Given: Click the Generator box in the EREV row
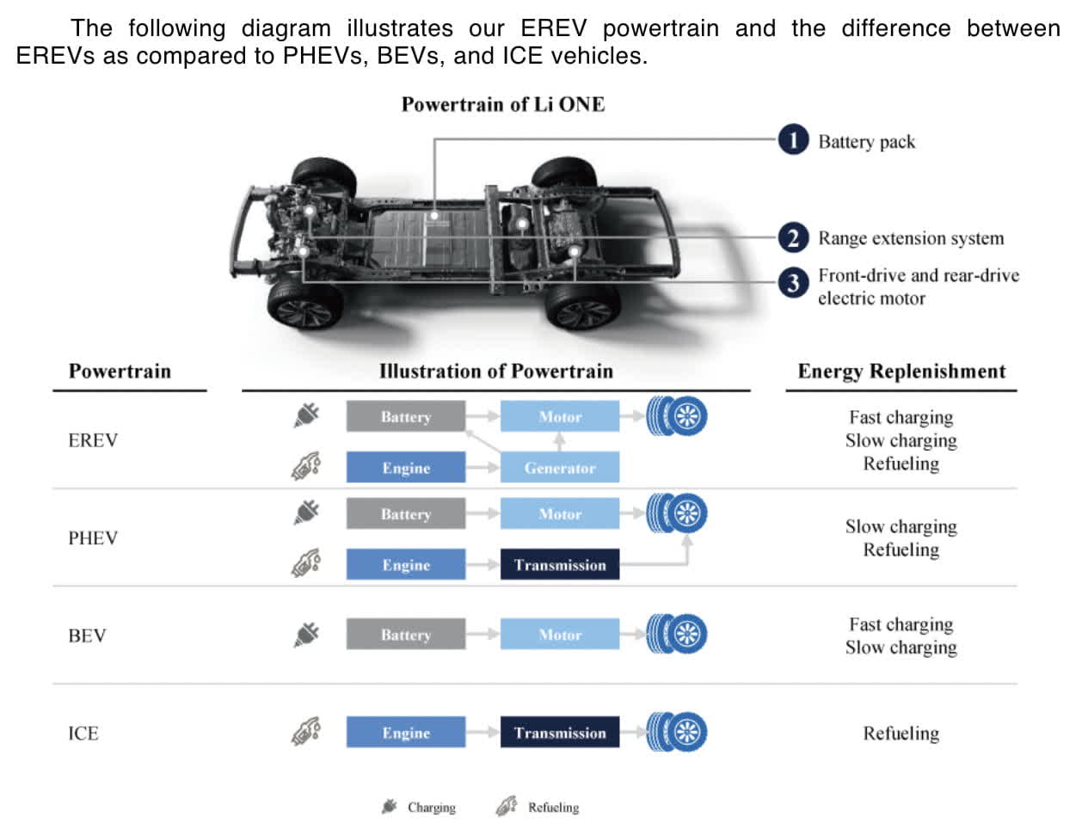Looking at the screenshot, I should pos(559,468).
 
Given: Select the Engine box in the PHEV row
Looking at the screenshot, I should pos(405,565).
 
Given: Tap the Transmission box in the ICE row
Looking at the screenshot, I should pos(559,733).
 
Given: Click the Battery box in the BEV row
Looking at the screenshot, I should pos(405,635).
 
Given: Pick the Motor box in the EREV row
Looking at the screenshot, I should pos(559,416).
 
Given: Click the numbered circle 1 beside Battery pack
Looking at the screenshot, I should pos(792,140).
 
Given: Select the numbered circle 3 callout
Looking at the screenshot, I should pos(792,283).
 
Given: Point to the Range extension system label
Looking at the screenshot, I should pos(910,238).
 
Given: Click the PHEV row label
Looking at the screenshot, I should pos(93,538).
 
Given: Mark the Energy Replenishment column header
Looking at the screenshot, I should pos(901,372).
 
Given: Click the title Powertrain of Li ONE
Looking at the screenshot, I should pos(502,105).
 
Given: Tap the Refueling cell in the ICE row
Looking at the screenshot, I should pos(901,734).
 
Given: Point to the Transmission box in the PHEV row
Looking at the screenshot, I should pos(559,565).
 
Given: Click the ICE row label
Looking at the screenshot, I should pos(83,734).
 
